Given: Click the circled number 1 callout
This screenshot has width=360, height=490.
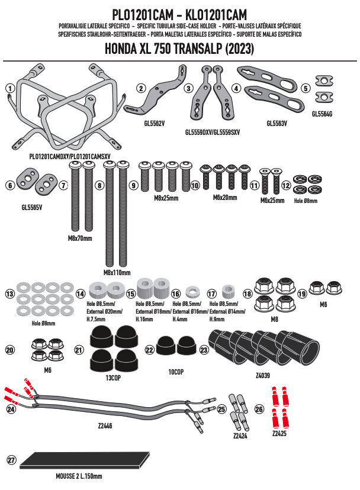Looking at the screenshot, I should [9, 88].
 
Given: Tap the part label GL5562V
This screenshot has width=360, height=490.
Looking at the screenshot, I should [154, 124].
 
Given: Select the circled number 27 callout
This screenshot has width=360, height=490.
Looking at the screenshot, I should [10, 460].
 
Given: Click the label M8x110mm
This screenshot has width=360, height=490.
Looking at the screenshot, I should [117, 273].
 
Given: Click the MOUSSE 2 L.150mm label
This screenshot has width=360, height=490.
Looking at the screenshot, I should [75, 476].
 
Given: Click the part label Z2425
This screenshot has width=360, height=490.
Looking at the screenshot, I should [279, 433].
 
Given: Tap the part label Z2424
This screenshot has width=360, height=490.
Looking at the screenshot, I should [240, 435].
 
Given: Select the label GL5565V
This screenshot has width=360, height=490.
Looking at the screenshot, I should [31, 208].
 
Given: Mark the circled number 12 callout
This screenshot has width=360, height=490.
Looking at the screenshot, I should [286, 186].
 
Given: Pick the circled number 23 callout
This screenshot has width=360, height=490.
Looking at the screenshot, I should [204, 350].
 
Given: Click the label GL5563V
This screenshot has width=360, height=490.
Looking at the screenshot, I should [277, 124].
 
